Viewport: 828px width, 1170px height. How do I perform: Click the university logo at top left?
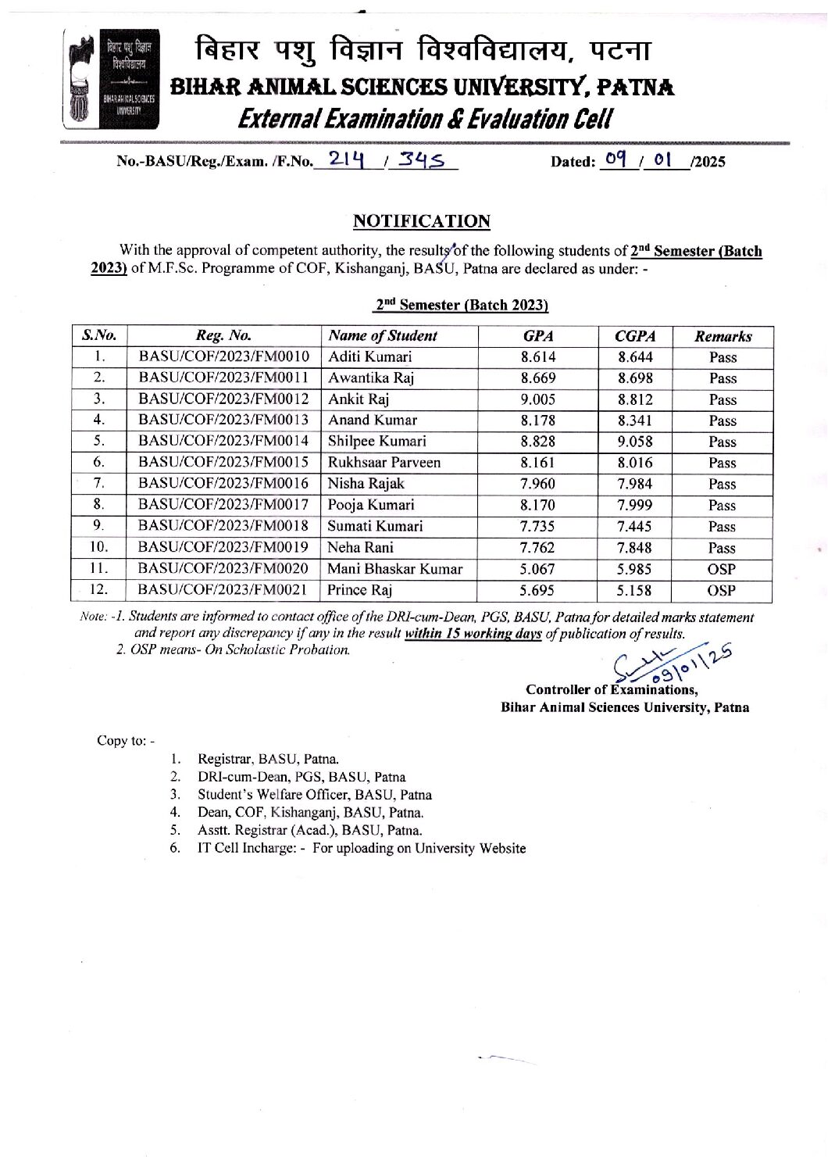[111, 79]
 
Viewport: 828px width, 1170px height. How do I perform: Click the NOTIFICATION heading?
[421, 221]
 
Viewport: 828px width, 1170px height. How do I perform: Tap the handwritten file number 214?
[347, 159]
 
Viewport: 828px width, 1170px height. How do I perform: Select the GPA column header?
[537, 336]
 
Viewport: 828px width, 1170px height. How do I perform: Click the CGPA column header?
[634, 336]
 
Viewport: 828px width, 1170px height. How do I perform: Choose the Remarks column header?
[723, 336]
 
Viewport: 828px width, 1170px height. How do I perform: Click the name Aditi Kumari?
[369, 357]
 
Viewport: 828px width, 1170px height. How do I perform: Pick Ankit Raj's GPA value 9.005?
[537, 399]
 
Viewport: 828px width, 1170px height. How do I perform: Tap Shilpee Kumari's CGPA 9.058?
[634, 442]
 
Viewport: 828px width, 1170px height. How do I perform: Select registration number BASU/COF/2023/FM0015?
[223, 463]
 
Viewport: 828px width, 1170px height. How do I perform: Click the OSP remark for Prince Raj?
[722, 591]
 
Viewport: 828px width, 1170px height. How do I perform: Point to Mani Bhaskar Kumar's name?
[394, 569]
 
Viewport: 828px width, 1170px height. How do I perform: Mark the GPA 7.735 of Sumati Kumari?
[537, 527]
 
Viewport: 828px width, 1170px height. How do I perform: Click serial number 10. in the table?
[99, 547]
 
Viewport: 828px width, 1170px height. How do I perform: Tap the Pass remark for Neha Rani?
[722, 548]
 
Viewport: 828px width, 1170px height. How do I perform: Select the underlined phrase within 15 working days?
[473, 634]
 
